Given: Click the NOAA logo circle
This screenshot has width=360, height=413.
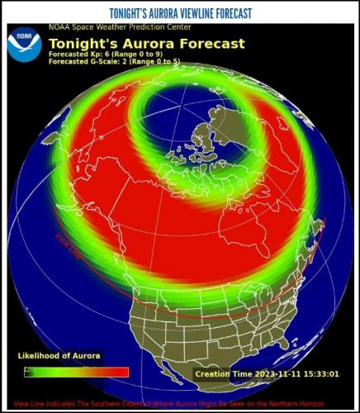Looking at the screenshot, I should click(24, 46).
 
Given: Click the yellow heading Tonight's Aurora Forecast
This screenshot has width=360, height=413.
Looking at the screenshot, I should click(146, 43).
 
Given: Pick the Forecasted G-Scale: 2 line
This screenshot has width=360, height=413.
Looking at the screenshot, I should click(113, 61).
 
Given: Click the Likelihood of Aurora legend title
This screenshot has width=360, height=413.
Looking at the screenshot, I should click(59, 356).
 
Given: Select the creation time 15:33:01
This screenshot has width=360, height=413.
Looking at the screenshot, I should click(322, 374).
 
